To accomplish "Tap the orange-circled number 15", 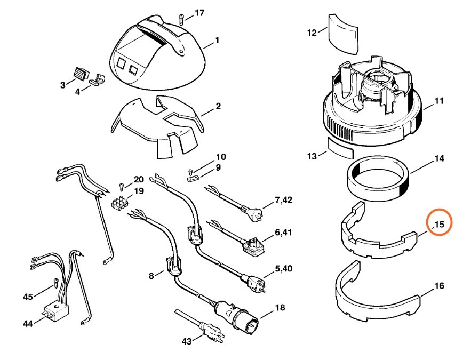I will click(x=438, y=224).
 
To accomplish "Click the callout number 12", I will click(x=312, y=33).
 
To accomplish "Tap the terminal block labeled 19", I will click(x=122, y=204).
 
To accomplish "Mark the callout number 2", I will click(x=218, y=107).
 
